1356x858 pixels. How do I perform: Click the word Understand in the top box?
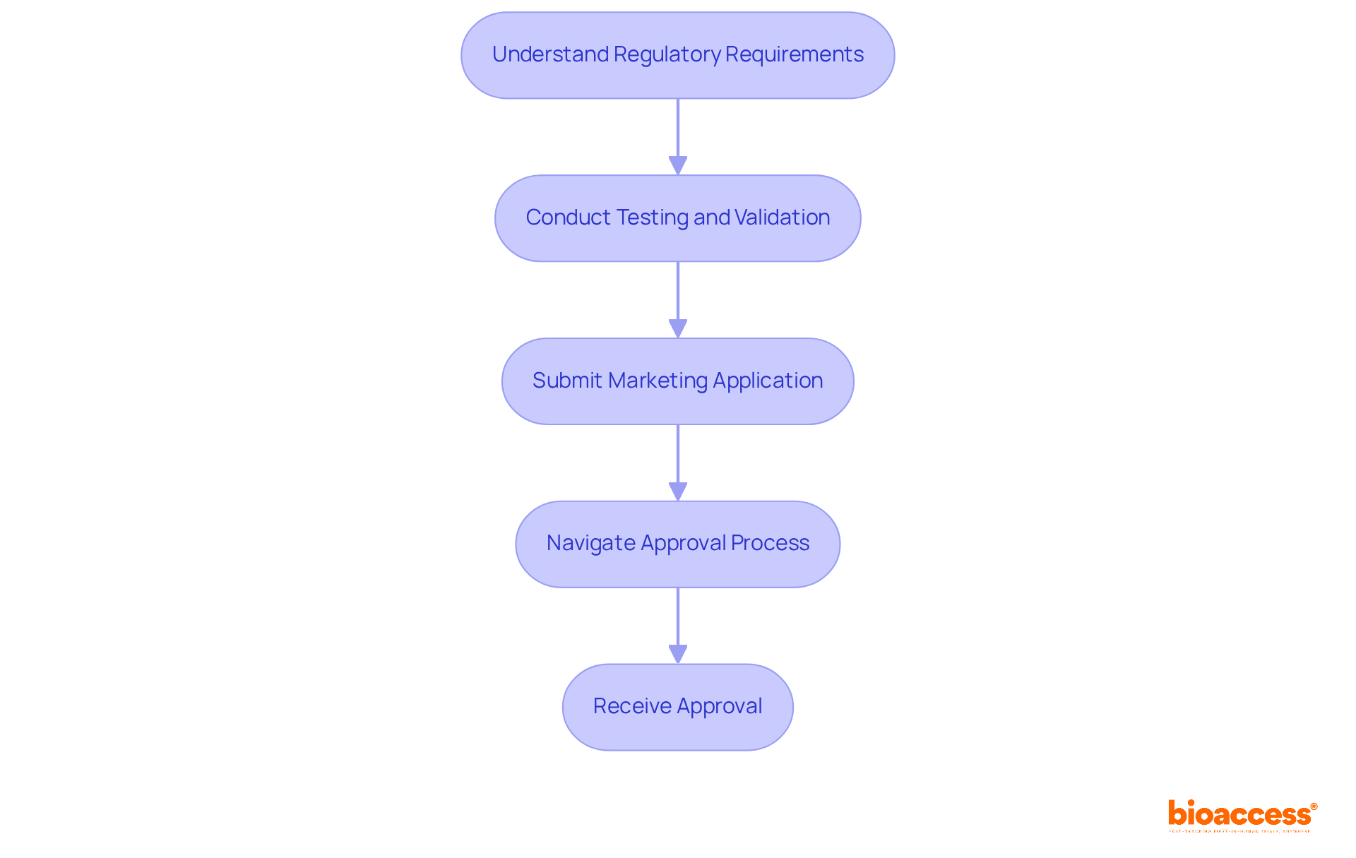click(550, 54)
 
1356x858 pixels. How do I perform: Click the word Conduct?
click(568, 218)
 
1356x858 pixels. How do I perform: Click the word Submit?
click(567, 381)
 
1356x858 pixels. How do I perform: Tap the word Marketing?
click(658, 381)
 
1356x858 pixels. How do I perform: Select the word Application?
click(768, 381)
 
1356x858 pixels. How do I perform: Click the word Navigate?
click(590, 543)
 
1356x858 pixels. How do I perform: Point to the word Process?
click(770, 543)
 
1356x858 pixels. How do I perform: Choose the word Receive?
click(632, 706)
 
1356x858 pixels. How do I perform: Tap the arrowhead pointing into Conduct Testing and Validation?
click(678, 166)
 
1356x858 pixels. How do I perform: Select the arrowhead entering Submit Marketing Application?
click(678, 329)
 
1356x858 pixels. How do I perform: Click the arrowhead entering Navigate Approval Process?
click(678, 492)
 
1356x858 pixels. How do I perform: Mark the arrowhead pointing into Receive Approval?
click(678, 655)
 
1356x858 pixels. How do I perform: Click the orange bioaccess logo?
click(1239, 814)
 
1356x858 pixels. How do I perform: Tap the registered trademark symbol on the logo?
click(1314, 806)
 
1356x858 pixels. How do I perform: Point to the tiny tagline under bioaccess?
click(1239, 831)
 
